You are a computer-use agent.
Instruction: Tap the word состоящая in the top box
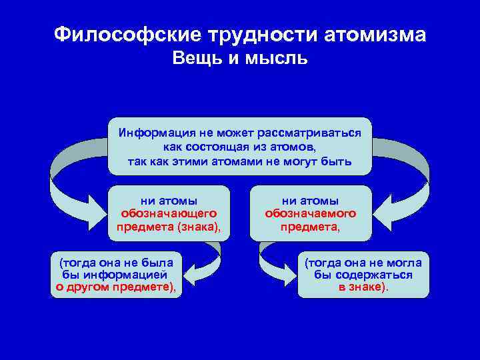(203, 147)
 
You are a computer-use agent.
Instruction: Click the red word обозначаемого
(310, 213)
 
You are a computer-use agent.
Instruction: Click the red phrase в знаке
(360, 287)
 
